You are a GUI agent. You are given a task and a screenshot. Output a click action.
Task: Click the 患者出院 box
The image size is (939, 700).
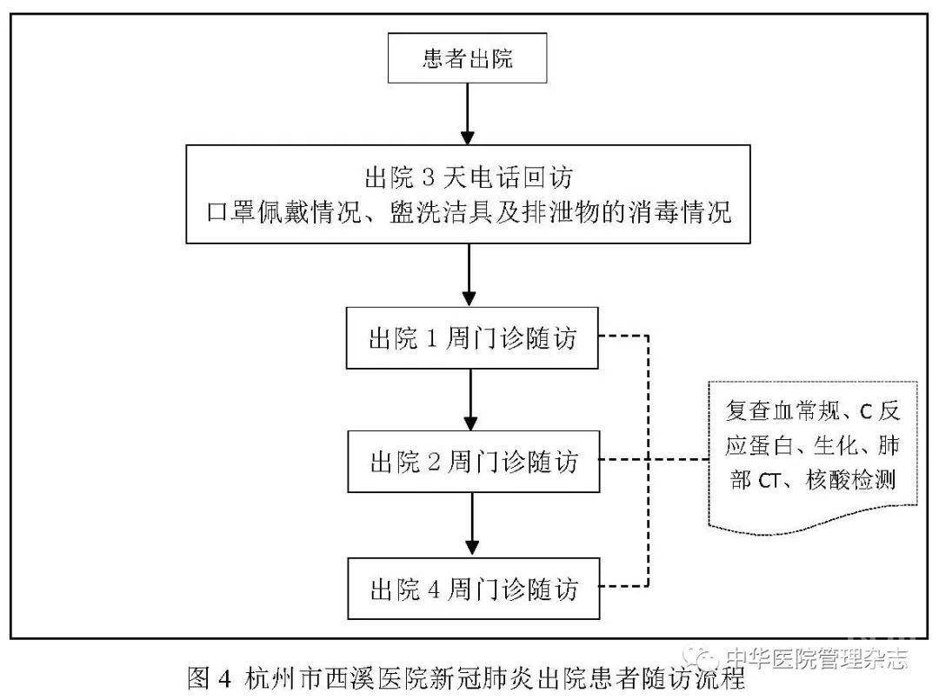467,57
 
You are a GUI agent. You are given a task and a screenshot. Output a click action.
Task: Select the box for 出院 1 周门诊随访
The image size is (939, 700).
472,337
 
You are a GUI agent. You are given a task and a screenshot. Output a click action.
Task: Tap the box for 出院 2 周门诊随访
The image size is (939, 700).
473,462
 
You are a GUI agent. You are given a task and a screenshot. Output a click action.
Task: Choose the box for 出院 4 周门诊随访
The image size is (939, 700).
473,589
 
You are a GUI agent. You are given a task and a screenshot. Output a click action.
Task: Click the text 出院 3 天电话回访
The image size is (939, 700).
469,177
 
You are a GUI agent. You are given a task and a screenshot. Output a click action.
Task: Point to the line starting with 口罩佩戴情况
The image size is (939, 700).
469,212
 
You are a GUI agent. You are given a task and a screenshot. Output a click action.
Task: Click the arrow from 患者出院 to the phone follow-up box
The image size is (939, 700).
467,114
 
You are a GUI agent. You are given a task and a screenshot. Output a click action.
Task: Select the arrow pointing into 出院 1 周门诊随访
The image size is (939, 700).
469,276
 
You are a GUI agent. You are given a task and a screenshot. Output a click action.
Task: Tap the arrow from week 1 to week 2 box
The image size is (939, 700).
470,399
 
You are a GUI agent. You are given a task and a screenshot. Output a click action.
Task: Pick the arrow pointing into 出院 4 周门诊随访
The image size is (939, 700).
472,524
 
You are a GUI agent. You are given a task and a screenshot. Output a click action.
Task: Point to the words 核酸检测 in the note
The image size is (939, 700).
851,480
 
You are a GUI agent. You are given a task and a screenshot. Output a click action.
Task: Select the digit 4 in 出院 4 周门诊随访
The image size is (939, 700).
434,590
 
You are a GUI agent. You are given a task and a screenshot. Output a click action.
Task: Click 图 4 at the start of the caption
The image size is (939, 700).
209,678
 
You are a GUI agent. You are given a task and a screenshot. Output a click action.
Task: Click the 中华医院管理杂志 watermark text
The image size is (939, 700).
816,658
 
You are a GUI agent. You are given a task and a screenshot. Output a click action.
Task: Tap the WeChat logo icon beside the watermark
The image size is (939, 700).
703,658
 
